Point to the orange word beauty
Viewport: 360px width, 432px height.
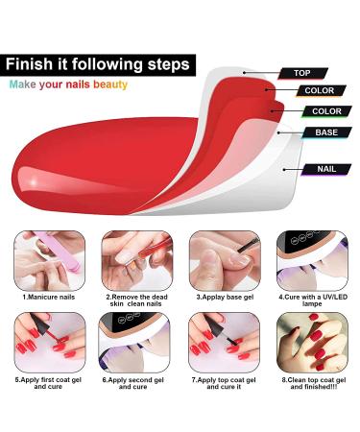(x=109, y=84)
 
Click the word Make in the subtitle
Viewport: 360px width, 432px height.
(x=25, y=84)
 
